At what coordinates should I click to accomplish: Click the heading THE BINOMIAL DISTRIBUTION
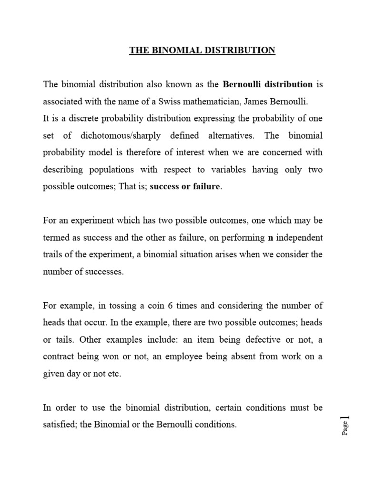click(x=202, y=51)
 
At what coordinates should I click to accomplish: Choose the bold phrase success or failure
click(x=185, y=187)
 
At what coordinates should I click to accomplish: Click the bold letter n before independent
click(x=271, y=237)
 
